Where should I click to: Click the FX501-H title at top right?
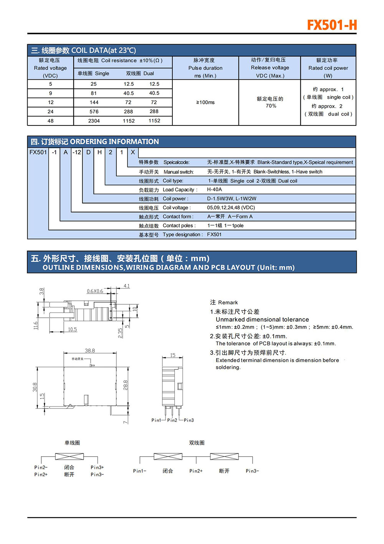coord(332,25)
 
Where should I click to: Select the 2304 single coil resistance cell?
coord(94,121)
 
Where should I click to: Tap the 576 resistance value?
coord(94,112)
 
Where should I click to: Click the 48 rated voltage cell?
coord(50,121)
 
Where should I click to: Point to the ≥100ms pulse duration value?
coord(205,102)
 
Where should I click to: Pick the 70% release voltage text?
coord(271,106)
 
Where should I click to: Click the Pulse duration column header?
coord(205,68)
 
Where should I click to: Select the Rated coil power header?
coord(328,68)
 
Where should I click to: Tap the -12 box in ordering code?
coord(77,152)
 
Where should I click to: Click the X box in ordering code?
coord(133,152)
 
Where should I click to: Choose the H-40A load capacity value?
coord(214,190)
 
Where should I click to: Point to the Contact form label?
coord(178,217)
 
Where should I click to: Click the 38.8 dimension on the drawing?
coord(90,350)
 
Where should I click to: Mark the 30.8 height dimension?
coord(35,387)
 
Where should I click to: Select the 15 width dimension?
coord(172,355)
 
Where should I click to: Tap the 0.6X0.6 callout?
coord(95,291)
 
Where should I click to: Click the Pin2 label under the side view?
coord(172,420)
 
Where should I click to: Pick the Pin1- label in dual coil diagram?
coord(139,471)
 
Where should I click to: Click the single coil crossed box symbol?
coord(69,457)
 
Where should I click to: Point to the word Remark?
coord(228,302)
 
